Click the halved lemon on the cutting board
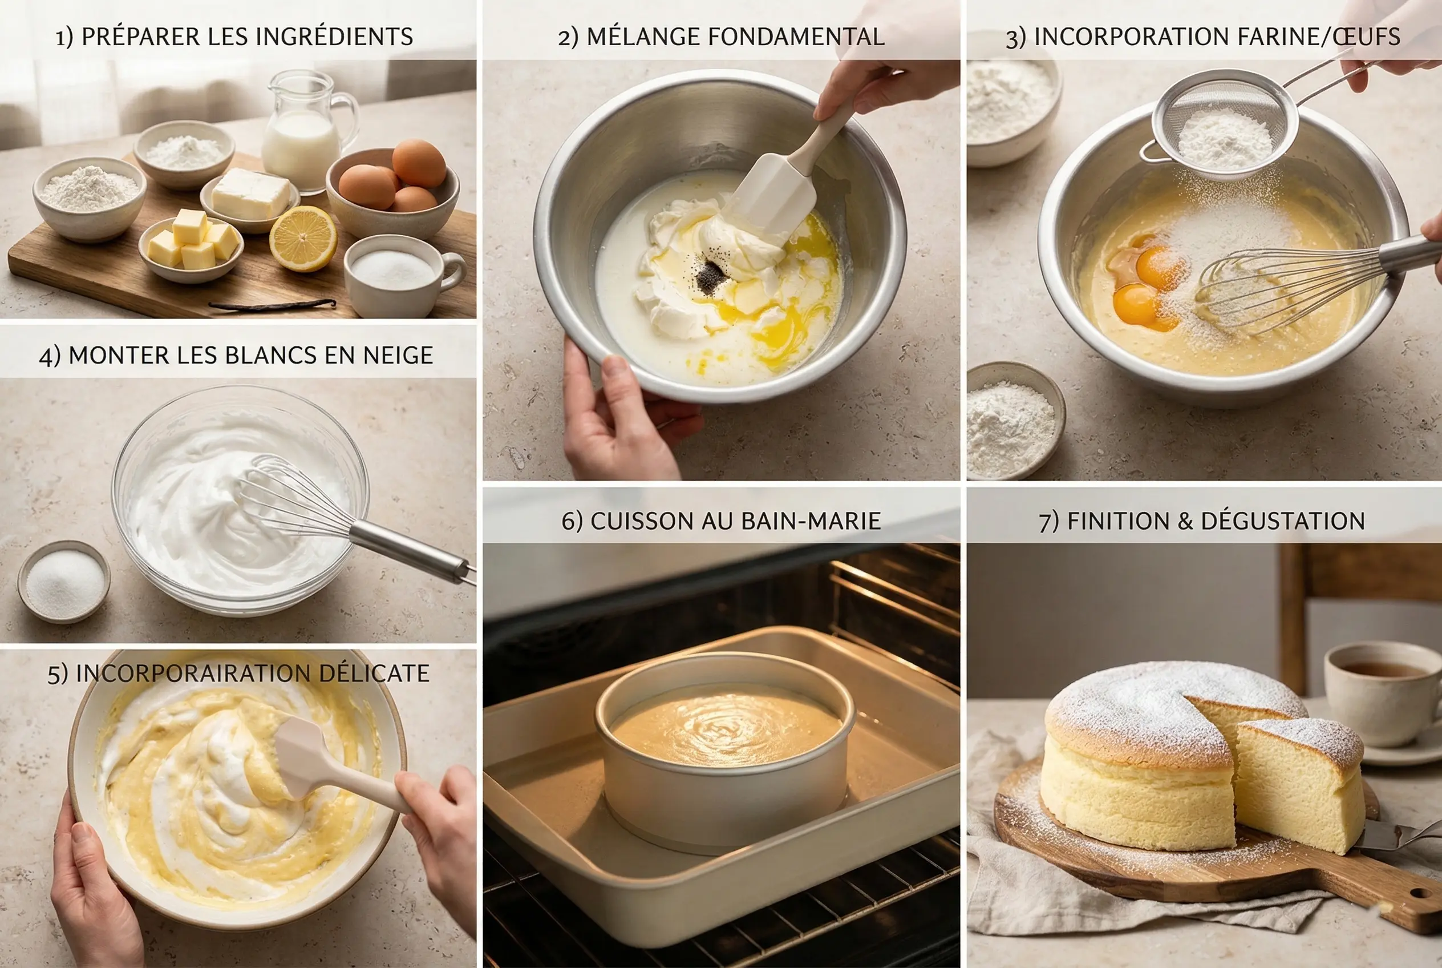(x=303, y=239)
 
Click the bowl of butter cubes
(x=191, y=247)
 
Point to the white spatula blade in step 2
(x=775, y=191)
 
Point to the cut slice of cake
(x=1299, y=784)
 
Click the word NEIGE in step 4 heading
(x=398, y=356)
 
